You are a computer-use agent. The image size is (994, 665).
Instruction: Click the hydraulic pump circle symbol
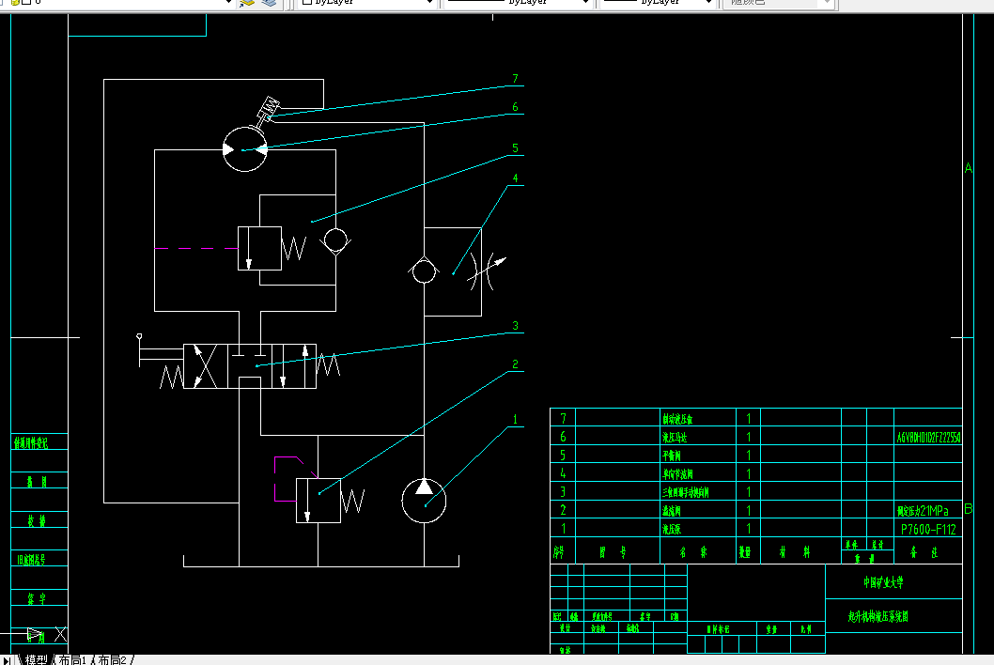coord(424,500)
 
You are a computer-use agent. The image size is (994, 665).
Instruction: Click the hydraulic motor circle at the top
coord(244,150)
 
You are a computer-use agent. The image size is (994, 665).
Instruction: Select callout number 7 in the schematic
coord(515,80)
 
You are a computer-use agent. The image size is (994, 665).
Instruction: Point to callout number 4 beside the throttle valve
coord(515,178)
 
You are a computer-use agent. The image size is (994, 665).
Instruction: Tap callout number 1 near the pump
coord(515,419)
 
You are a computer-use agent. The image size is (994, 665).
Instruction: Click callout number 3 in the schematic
coord(515,327)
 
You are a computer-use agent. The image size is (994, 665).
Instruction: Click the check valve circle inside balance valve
coord(334,242)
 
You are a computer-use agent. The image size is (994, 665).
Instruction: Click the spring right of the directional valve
coord(328,364)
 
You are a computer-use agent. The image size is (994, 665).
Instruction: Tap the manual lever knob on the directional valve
coord(139,336)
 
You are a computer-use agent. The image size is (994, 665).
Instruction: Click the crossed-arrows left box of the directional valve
coord(206,365)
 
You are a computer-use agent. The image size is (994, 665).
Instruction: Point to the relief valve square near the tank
coord(318,500)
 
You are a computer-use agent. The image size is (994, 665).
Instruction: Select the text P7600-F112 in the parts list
coord(927,530)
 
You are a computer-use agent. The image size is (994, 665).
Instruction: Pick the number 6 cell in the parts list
coord(563,437)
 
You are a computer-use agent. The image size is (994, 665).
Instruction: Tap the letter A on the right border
coord(969,168)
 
